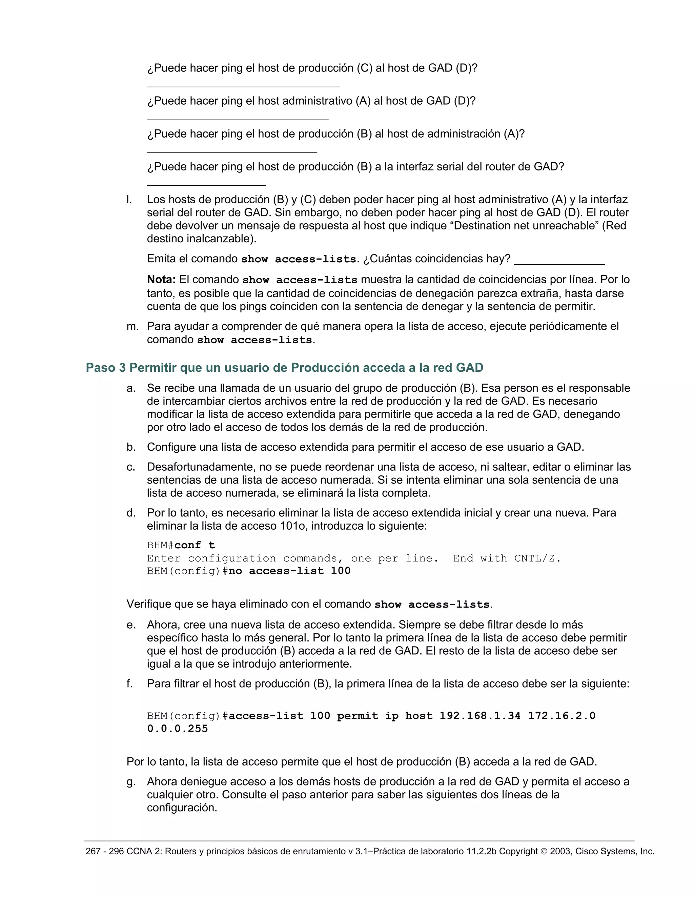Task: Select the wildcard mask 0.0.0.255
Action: tap(178, 729)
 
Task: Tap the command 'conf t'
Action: tap(195, 545)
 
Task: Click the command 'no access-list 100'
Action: tap(289, 571)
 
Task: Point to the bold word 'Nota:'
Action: tap(161, 280)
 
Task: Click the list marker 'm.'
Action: tap(132, 326)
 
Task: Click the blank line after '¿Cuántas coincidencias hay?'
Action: tap(559, 263)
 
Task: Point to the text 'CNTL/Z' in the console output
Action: tap(536, 558)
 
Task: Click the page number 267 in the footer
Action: tap(93, 852)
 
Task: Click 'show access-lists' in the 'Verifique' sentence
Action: tap(432, 605)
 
